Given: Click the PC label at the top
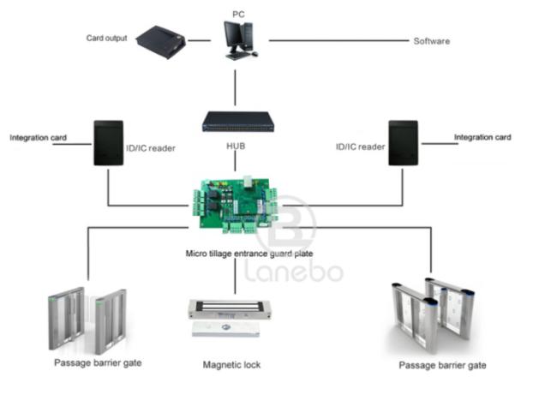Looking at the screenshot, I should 238,15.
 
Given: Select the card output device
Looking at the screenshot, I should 160,39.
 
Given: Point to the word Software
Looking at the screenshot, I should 431,40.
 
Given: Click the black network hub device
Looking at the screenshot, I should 237,122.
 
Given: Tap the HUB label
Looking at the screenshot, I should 236,146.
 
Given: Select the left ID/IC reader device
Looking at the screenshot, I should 107,142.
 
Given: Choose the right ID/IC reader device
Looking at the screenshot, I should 402,142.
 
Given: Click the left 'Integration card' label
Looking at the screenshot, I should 38,137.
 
